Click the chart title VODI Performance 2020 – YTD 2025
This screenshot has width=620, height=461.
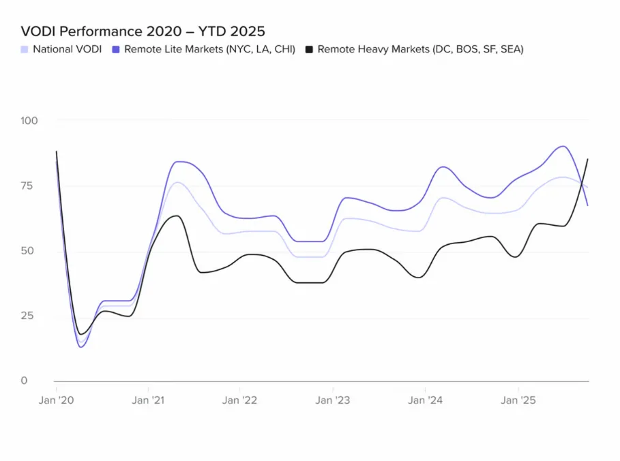[x=143, y=31]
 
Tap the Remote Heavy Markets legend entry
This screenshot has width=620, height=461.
[x=420, y=49]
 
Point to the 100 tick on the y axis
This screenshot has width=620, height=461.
[x=29, y=121]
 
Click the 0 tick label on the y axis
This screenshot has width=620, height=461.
[x=24, y=381]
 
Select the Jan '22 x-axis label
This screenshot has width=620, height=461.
[x=240, y=400]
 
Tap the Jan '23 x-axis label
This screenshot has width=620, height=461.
[x=333, y=400]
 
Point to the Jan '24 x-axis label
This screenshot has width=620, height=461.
[x=426, y=400]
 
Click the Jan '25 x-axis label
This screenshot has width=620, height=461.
[x=518, y=400]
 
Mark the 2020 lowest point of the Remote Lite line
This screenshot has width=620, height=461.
[x=82, y=347]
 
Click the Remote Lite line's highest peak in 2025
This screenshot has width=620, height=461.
[x=562, y=146]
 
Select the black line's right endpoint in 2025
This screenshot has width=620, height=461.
[x=588, y=159]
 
